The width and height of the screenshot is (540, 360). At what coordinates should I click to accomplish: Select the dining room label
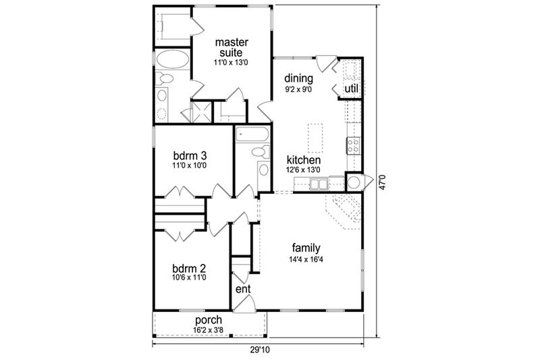pyautogui.click(x=298, y=78)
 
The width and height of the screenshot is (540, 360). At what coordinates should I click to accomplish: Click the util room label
pyautogui.click(x=351, y=88)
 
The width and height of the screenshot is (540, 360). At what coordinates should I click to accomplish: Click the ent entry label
pyautogui.click(x=243, y=289)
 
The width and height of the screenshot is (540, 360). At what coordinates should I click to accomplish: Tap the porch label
pyautogui.click(x=209, y=319)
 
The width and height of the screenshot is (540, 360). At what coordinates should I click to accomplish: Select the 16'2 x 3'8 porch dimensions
pyautogui.click(x=209, y=330)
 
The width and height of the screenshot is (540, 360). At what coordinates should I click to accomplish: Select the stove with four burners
pyautogui.click(x=353, y=143)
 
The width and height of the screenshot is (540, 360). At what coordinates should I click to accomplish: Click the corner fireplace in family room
pyautogui.click(x=344, y=209)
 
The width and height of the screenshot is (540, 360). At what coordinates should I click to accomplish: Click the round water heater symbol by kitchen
pyautogui.click(x=354, y=180)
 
